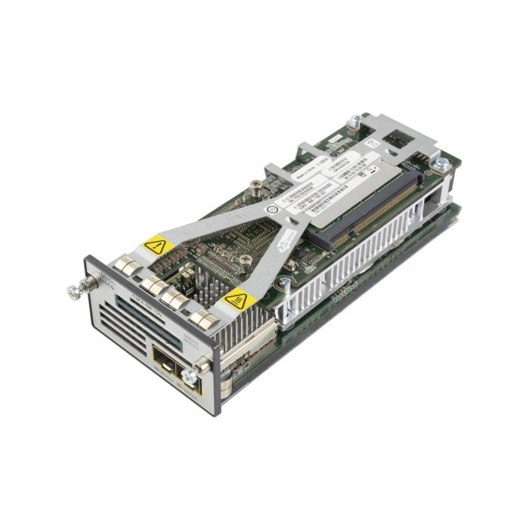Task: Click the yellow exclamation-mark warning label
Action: (x=155, y=245)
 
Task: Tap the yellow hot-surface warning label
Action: (x=237, y=300)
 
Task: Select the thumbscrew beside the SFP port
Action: (x=189, y=375)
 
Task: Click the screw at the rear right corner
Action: (x=442, y=164)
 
